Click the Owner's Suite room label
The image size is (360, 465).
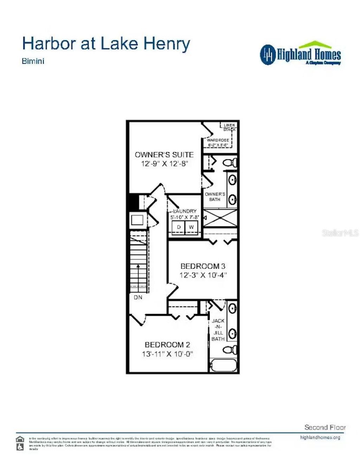coord(164,155)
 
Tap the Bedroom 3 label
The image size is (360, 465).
coord(203,266)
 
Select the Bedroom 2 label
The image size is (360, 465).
coord(167,345)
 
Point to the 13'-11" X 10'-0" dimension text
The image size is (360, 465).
coord(167,354)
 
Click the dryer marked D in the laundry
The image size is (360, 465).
coord(179,227)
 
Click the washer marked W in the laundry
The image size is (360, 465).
coord(191,227)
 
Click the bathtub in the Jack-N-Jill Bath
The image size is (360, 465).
coord(224,366)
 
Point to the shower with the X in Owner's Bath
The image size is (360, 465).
coord(220,218)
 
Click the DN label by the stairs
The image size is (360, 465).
coord(138,297)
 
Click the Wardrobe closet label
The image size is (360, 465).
coord(218,140)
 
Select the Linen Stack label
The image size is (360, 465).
coord(229,127)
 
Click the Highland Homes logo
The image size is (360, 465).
coord(301,54)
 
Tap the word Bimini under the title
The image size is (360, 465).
coord(33,61)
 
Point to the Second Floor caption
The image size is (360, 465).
coord(325,427)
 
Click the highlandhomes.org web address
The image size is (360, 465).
coord(320,438)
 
